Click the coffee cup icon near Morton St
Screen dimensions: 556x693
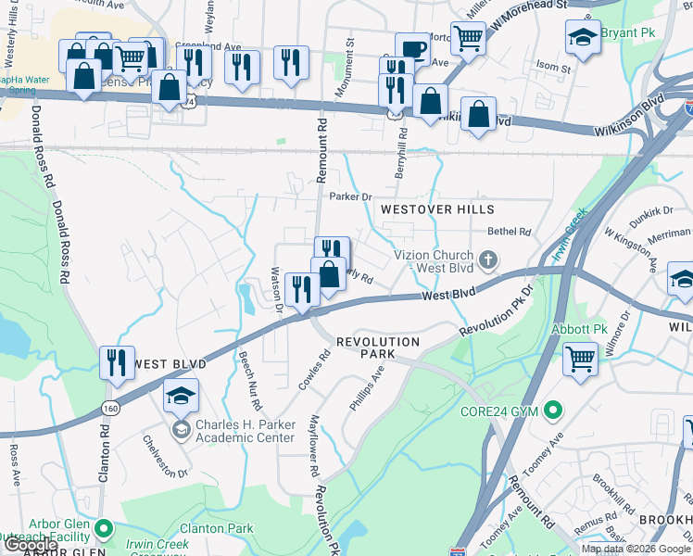[x=412, y=48]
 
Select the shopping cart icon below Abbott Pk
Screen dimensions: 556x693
[x=581, y=357]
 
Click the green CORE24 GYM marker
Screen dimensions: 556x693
[x=554, y=409]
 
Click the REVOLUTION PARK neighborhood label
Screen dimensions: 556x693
[x=378, y=342]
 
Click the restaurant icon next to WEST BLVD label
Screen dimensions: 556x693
[x=117, y=361]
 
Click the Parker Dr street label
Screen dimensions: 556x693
[x=350, y=196]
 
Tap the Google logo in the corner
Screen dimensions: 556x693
[x=31, y=545]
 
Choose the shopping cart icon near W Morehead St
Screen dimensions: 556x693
[x=469, y=38]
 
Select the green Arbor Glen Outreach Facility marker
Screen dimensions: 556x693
[x=104, y=529]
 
